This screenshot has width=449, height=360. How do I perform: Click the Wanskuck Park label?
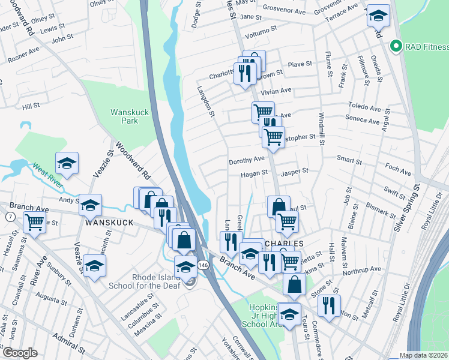tap(124, 116)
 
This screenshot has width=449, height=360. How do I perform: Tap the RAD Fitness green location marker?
tap(396, 46)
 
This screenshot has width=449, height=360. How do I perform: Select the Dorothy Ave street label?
tap(247, 161)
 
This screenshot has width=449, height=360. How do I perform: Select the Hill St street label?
tap(31, 106)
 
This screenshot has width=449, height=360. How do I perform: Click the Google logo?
tap(20, 352)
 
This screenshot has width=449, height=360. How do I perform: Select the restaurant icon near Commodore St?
tap(329, 305)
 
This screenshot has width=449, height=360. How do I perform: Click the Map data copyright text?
tap(424, 355)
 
